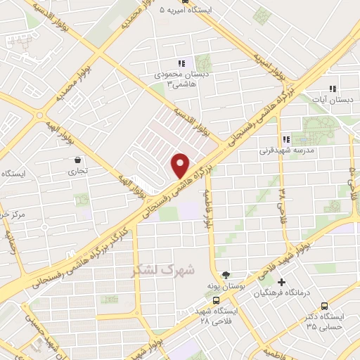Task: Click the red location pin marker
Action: point(181,165)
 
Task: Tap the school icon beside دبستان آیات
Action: point(333,89)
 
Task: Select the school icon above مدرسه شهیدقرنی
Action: point(285,139)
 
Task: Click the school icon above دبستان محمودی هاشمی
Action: point(182,62)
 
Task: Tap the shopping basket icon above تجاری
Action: point(77,160)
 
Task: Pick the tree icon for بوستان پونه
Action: point(225,275)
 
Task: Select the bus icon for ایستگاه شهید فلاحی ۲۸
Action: point(196,309)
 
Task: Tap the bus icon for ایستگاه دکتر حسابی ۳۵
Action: point(323,306)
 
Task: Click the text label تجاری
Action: point(75,171)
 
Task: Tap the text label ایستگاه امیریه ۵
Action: point(176,11)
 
